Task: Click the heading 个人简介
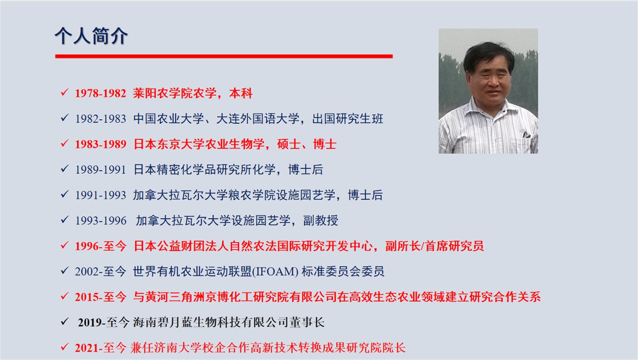click(x=91, y=36)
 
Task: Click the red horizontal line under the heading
click(x=224, y=56)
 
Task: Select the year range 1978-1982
click(x=100, y=93)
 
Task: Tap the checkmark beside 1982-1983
click(x=65, y=118)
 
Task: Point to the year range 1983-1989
click(x=100, y=144)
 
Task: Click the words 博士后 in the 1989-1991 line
click(x=306, y=170)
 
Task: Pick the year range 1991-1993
click(x=100, y=195)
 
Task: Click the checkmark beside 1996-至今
click(x=65, y=245)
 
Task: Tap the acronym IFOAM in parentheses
click(x=275, y=272)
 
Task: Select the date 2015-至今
click(x=100, y=297)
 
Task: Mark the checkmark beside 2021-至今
click(x=65, y=347)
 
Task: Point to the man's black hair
click(x=488, y=56)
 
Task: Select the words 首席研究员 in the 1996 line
click(x=455, y=246)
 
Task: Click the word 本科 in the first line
click(x=240, y=93)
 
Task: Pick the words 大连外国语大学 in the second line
click(x=258, y=119)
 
